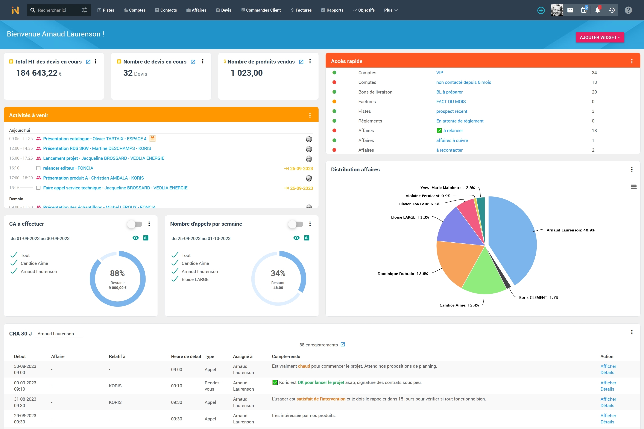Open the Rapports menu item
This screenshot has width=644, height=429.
point(332,10)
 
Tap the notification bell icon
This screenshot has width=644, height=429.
point(597,10)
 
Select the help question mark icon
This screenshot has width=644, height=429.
point(628,10)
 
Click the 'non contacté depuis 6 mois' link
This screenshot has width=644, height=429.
point(463,82)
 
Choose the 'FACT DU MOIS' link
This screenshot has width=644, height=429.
point(451,101)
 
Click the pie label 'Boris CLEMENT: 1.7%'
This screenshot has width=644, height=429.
point(539,297)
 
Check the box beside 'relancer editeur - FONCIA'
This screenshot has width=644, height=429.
point(38,168)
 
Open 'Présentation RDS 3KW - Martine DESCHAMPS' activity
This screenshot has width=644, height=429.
point(97,148)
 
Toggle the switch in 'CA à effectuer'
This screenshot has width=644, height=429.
point(135,224)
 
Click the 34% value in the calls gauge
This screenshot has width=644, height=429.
point(278,273)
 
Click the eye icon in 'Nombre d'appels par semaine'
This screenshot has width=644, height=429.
point(296,238)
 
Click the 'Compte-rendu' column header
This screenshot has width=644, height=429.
point(286,356)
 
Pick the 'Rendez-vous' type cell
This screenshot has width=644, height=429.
point(213,386)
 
